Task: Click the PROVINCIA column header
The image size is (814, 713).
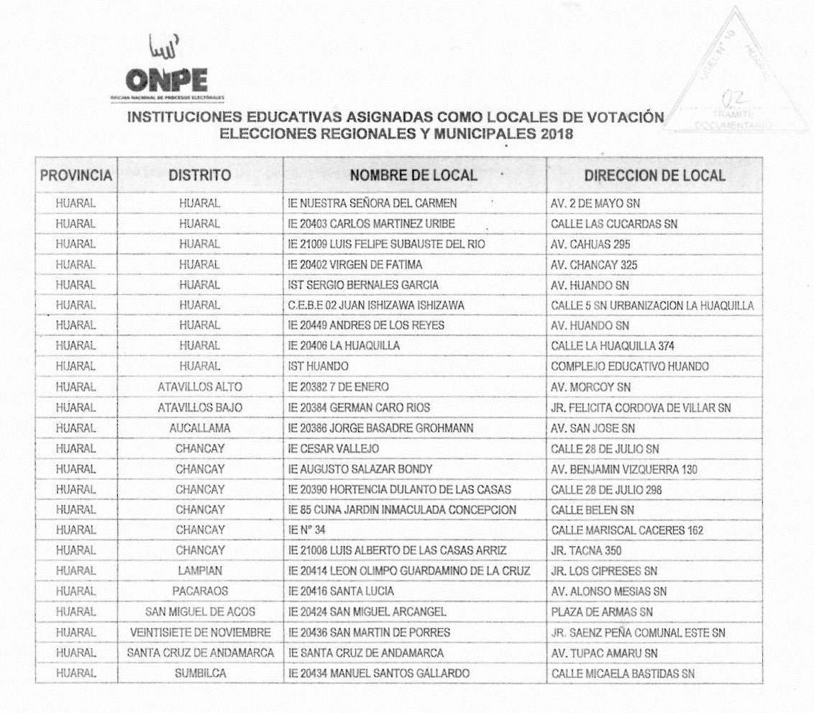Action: point(76,176)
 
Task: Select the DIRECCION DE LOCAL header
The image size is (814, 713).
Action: point(654,176)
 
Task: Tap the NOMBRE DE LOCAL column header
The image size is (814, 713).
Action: point(413,176)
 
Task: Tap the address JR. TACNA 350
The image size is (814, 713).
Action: point(586,551)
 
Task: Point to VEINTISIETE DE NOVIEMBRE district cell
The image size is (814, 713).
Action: point(200,632)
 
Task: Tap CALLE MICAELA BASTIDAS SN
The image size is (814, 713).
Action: point(622,673)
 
